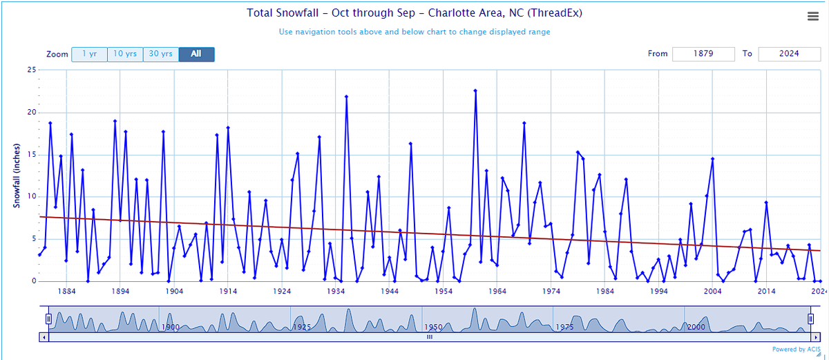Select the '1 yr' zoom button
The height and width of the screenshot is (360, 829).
pos(89,54)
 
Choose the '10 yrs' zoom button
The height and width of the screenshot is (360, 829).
pos(125,54)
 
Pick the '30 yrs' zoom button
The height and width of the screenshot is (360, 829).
pos(161,54)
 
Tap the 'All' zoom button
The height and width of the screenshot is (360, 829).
pos(196,54)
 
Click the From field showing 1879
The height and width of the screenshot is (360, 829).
pos(704,54)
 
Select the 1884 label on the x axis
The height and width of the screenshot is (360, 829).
pos(66,292)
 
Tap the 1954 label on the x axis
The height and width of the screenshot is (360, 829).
pos(444,292)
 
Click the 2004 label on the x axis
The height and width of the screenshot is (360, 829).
pos(712,292)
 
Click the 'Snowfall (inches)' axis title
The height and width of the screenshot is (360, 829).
pos(16,176)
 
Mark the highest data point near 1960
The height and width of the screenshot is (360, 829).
pos(475,91)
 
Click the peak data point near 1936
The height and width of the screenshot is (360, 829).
pos(346,97)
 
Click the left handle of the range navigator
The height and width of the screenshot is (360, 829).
pos(48,319)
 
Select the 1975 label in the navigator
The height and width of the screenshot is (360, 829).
pos(564,327)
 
